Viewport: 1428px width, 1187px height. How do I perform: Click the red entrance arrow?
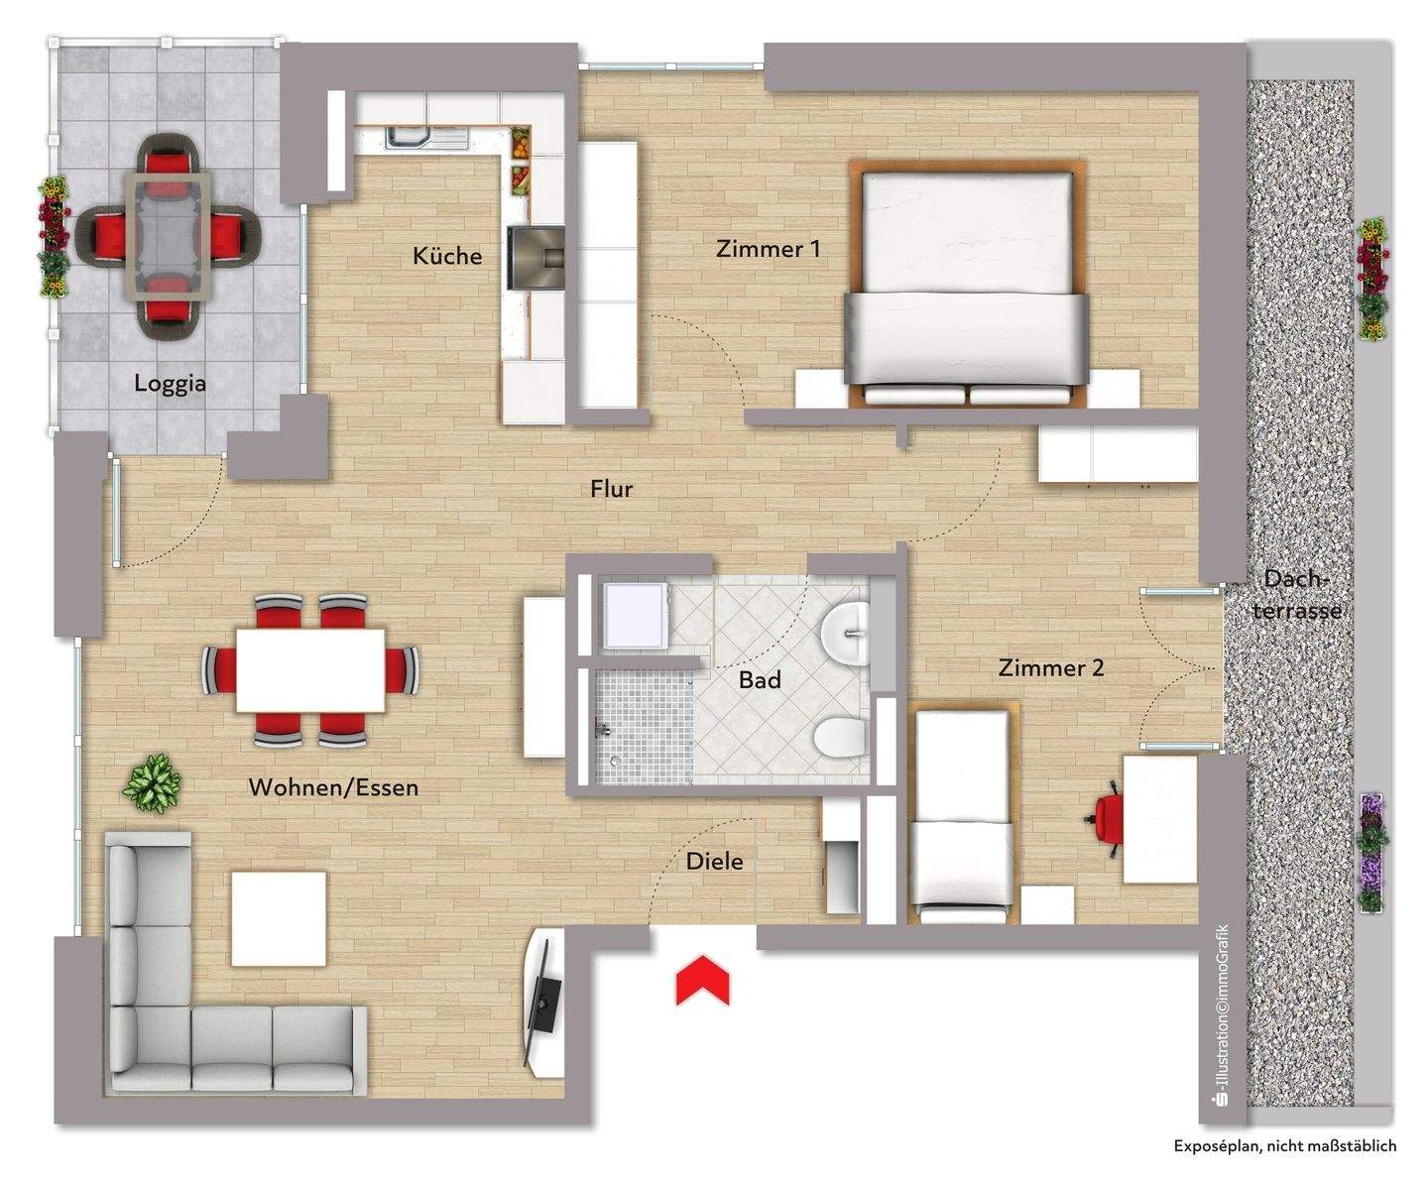(x=702, y=980)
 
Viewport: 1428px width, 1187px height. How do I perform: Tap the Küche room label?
(x=447, y=256)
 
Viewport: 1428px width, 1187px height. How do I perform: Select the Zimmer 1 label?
(x=768, y=248)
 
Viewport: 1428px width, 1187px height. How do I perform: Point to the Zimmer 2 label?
(x=1050, y=667)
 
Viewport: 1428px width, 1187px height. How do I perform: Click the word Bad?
(x=760, y=680)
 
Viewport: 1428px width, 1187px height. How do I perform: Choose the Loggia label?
(x=171, y=383)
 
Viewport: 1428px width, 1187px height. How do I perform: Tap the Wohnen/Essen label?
(x=333, y=787)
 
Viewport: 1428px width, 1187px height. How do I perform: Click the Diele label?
(x=714, y=862)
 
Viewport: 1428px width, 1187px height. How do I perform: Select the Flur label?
(x=611, y=489)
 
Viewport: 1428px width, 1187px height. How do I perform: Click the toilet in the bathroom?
(x=837, y=737)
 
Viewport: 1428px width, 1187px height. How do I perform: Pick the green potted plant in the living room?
(x=152, y=782)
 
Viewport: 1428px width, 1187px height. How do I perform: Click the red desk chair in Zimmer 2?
(x=1108, y=819)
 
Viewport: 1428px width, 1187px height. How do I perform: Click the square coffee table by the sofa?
(x=279, y=918)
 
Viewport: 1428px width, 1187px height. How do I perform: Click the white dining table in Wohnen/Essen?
(x=310, y=669)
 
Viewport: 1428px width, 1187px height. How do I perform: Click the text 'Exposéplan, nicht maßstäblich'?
(x=1285, y=1145)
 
